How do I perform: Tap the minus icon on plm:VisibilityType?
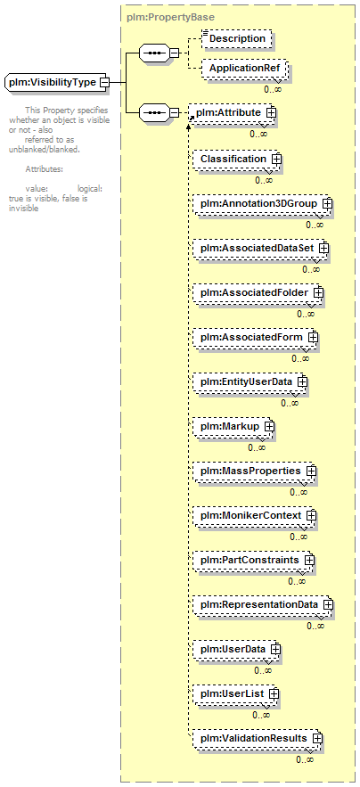tap(104, 82)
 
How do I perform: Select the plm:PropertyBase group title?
tap(170, 17)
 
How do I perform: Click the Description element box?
tap(237, 38)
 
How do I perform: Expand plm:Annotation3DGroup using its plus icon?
tap(327, 204)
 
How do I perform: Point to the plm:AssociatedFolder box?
tap(256, 292)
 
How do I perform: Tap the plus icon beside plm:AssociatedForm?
tap(314, 337)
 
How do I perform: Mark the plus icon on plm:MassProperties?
tap(311, 471)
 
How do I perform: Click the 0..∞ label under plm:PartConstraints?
tap(297, 581)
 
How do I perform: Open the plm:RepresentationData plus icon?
tap(328, 605)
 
